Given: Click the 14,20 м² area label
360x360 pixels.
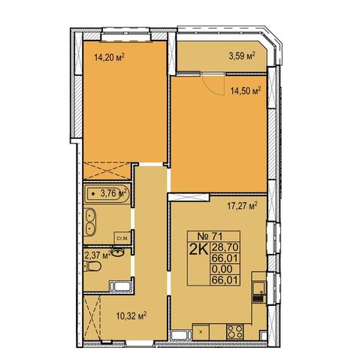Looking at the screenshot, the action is [110, 57].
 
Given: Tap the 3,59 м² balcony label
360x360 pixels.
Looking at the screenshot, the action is [242, 56].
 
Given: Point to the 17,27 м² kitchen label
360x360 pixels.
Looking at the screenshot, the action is [243, 206].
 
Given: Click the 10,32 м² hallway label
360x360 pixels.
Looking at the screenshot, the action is [132, 316].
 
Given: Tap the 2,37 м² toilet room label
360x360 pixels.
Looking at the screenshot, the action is [98, 255].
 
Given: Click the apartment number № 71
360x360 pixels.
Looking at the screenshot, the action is [210, 236].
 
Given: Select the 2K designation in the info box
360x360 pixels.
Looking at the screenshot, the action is [199, 250].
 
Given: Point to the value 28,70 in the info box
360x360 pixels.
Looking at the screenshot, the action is [225, 247].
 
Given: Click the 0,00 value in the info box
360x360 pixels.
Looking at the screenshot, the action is [222, 269].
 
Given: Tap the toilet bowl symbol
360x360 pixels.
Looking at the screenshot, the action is [92, 266].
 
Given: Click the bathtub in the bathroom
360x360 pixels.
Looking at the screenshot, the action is [107, 194].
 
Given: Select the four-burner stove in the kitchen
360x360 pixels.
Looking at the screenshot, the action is [234, 331].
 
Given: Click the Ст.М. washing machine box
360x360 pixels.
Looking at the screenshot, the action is [122, 238].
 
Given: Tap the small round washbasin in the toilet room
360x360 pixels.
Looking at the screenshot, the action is [118, 253].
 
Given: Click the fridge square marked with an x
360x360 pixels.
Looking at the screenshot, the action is [201, 331].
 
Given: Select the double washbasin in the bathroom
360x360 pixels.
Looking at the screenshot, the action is [89, 222].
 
